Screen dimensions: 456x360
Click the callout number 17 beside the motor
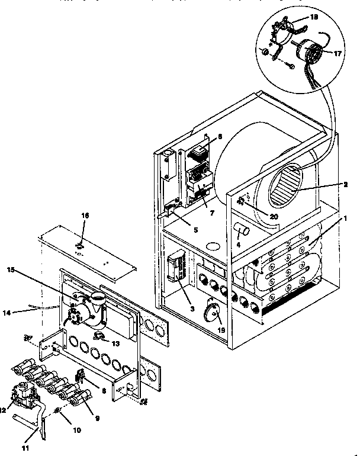pos(338,53)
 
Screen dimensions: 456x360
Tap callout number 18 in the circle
pos(314,18)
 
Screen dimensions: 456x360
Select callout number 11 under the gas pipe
pos(24,448)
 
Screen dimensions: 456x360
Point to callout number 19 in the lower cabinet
pos(221,329)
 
